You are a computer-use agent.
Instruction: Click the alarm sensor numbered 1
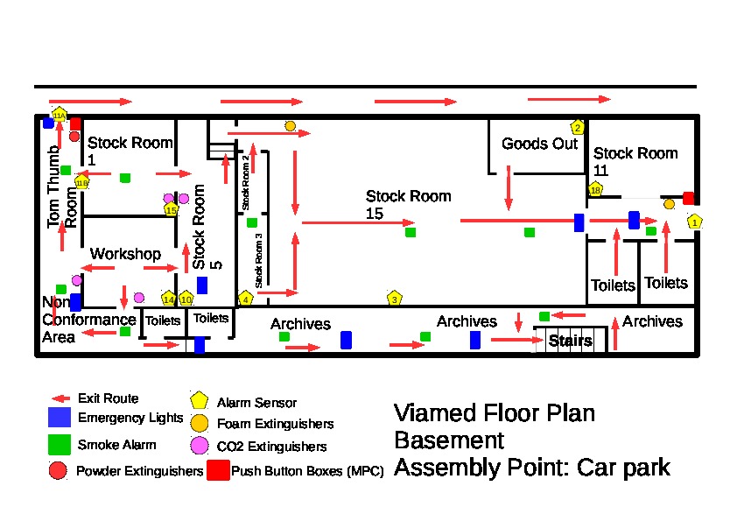(x=695, y=222)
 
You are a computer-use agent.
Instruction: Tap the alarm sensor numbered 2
(x=578, y=128)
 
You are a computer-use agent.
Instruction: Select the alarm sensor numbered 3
(x=395, y=299)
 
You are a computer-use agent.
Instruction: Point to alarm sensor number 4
(x=246, y=299)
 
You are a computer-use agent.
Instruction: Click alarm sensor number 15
(x=172, y=209)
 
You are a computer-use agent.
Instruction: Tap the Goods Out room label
(x=539, y=144)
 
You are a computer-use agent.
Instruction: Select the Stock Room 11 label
(x=635, y=161)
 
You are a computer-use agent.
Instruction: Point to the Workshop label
(x=126, y=254)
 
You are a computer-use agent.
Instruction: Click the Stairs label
(x=570, y=341)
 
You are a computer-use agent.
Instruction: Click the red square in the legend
(x=218, y=470)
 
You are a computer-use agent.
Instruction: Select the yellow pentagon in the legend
(x=200, y=401)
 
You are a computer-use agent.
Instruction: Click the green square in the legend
(x=60, y=444)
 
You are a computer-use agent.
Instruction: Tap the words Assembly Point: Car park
(x=532, y=467)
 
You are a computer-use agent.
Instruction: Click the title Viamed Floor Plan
(x=495, y=412)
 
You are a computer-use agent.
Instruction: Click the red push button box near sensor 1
(x=689, y=198)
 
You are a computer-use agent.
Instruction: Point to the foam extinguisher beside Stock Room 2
(x=290, y=126)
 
